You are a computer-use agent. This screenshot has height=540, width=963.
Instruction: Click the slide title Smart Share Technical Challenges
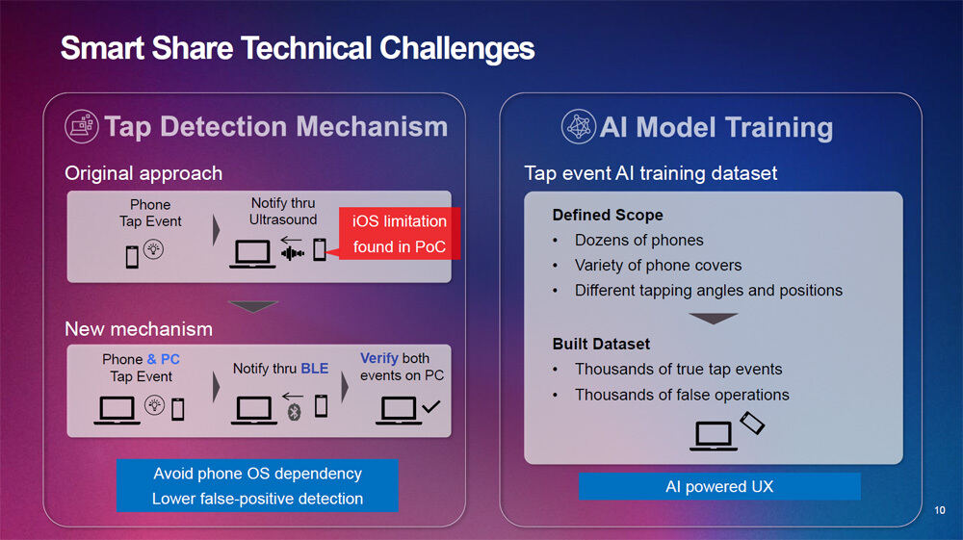(x=298, y=48)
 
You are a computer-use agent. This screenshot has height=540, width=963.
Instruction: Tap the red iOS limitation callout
(x=400, y=234)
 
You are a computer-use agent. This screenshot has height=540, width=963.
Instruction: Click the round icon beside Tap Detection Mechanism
(x=82, y=126)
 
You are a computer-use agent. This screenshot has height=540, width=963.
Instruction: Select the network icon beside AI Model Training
(x=579, y=126)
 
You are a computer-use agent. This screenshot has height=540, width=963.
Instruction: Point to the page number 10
(x=940, y=510)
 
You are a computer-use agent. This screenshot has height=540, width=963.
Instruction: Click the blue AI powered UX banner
(x=719, y=487)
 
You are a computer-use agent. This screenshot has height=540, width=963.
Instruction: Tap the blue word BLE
(x=315, y=368)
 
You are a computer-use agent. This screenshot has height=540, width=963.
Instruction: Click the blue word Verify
(x=378, y=358)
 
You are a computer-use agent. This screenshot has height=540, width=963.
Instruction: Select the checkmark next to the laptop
(x=431, y=406)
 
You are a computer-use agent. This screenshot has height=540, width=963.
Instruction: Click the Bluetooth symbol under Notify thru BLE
(x=294, y=412)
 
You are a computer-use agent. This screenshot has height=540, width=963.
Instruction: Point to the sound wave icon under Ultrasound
(x=293, y=253)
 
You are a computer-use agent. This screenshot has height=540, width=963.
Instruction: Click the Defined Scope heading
(x=608, y=215)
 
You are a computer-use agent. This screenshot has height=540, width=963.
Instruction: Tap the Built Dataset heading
(x=601, y=344)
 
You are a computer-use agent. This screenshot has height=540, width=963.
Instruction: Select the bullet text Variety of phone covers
(x=658, y=265)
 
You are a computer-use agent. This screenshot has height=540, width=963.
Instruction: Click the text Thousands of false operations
(x=682, y=395)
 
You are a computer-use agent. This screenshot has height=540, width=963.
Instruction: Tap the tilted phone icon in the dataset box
(x=752, y=423)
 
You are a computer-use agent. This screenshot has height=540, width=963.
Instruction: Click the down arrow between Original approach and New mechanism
(x=253, y=306)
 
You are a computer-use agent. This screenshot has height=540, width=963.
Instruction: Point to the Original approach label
(x=143, y=173)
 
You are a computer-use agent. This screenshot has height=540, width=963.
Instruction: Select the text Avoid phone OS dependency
(x=257, y=474)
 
